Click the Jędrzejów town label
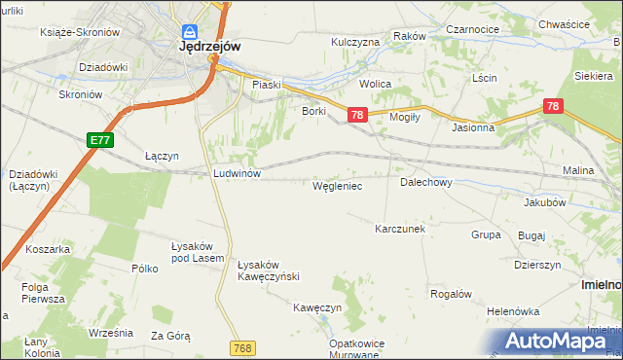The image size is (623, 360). (209, 46)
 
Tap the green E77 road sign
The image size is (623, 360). (100, 141)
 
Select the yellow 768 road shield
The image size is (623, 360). (243, 347)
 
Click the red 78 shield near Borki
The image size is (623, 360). (356, 116)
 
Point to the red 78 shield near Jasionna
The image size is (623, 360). (553, 107)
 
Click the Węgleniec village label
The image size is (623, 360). (338, 185)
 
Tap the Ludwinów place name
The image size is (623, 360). (236, 173)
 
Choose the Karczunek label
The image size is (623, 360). (400, 229)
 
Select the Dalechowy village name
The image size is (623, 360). (425, 182)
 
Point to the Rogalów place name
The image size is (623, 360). (451, 294)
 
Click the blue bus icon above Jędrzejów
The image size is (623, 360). (191, 30)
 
